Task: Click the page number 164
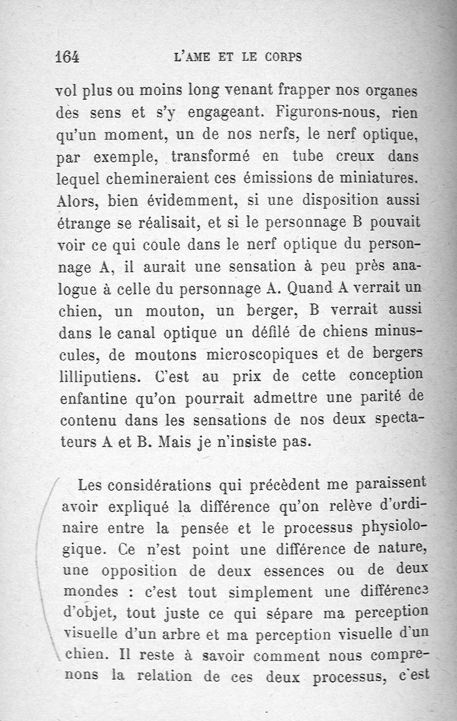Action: coord(67,57)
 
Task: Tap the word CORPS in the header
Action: coord(283,57)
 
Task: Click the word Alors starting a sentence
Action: coord(77,200)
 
